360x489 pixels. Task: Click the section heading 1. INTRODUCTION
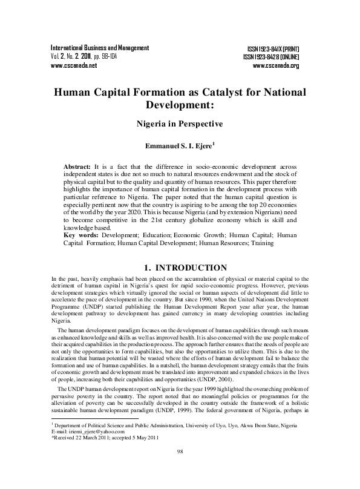(180, 267)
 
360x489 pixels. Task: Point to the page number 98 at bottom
(180, 469)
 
